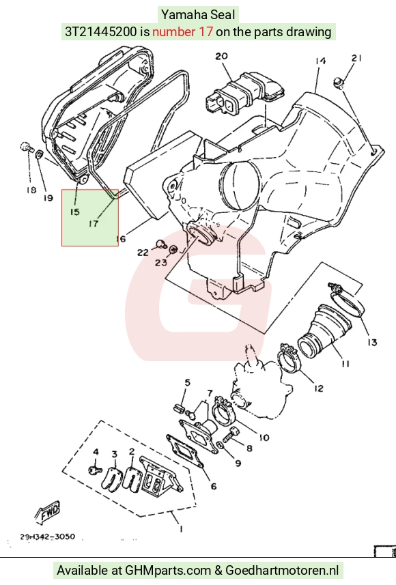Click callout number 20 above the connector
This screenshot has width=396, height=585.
tap(221, 56)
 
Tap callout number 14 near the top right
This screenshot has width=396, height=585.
tap(320, 61)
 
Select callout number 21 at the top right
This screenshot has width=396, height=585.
tap(356, 58)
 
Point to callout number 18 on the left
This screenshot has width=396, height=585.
tap(31, 190)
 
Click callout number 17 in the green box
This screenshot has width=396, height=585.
tap(94, 223)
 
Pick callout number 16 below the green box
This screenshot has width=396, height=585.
tap(121, 238)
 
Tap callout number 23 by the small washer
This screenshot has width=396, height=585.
tap(161, 263)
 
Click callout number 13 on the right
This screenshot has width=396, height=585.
tap(372, 342)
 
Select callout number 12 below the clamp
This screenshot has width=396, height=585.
tap(318, 388)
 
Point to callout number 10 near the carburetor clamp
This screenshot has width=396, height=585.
tap(264, 437)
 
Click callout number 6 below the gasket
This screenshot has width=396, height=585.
tap(214, 486)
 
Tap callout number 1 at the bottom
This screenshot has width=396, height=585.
tap(181, 528)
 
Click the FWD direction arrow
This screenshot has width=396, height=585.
tap(47, 512)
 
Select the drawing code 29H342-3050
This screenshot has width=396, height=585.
tap(47, 537)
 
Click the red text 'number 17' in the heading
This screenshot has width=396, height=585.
tap(183, 31)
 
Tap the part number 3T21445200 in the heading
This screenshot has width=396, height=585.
tap(101, 31)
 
